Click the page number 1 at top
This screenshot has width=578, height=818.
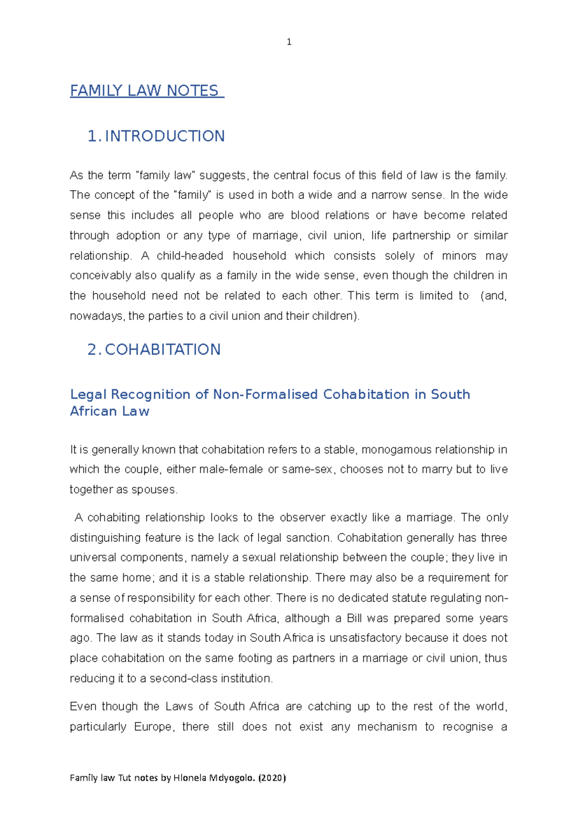pyautogui.click(x=289, y=42)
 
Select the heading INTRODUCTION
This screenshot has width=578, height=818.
pyautogui.click(x=165, y=136)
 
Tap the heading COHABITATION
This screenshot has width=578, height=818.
pyautogui.click(x=162, y=350)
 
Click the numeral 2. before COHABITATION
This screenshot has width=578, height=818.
pyautogui.click(x=93, y=350)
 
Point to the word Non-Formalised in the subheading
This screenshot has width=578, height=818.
pyautogui.click(x=265, y=395)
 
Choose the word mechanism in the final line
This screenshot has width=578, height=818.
pyautogui.click(x=387, y=726)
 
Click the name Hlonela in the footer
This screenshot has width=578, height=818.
pyautogui.click(x=190, y=778)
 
